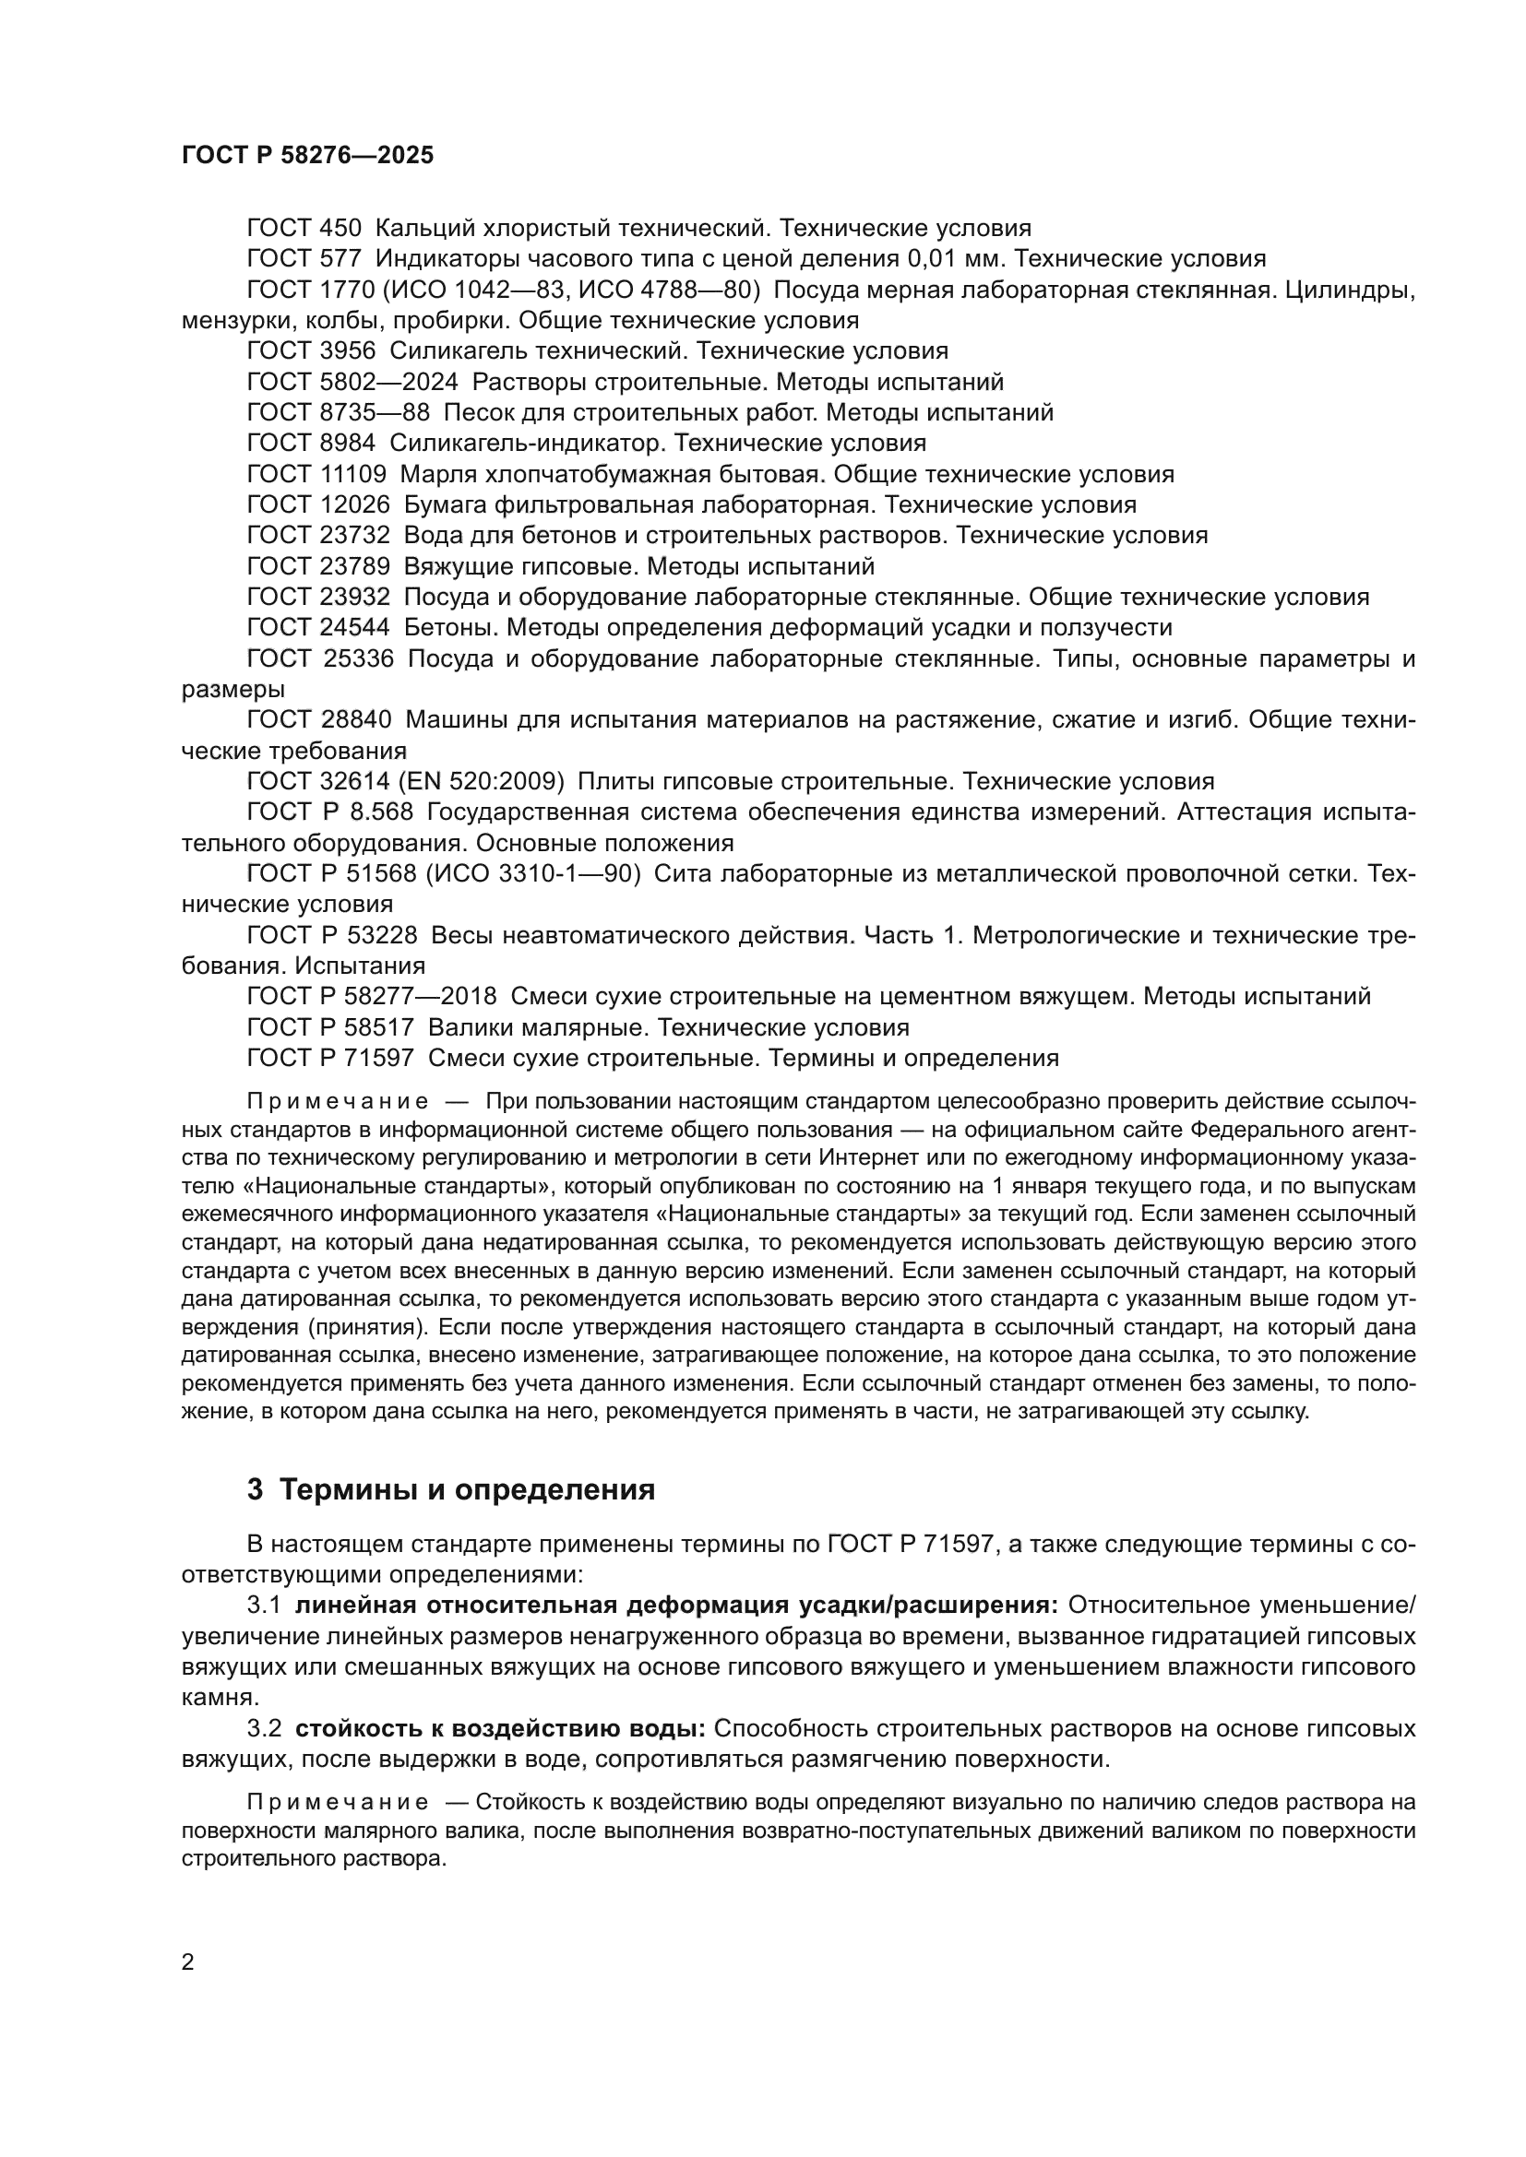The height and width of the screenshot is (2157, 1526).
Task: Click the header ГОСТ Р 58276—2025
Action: pos(307,156)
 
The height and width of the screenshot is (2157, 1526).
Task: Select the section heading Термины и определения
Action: pos(467,1490)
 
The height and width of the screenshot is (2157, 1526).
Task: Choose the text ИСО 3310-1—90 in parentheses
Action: pos(532,874)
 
